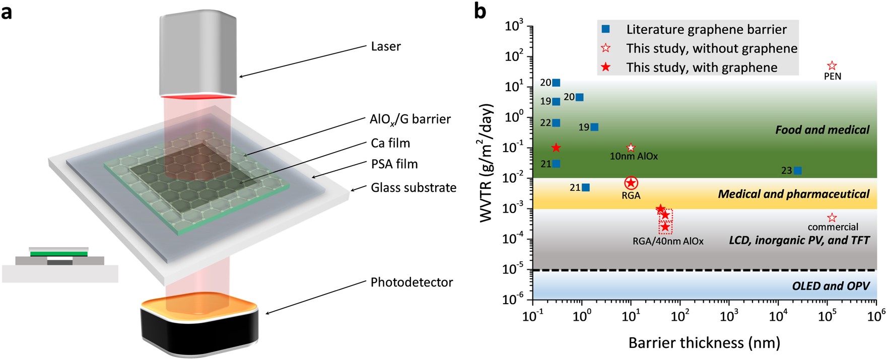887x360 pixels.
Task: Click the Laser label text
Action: pyautogui.click(x=386, y=46)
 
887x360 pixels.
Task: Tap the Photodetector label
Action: pyautogui.click(x=412, y=282)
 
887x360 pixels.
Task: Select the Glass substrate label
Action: pyautogui.click(x=414, y=188)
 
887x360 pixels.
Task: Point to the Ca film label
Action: pyautogui.click(x=390, y=143)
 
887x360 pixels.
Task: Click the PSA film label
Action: pyautogui.click(x=394, y=164)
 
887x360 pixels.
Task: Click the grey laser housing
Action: pyautogui.click(x=198, y=53)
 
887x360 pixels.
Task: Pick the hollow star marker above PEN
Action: pyautogui.click(x=832, y=65)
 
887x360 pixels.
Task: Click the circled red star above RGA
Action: pyautogui.click(x=631, y=183)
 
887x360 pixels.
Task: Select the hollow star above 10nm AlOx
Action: pyautogui.click(x=631, y=148)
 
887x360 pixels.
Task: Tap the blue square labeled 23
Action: pyautogui.click(x=798, y=171)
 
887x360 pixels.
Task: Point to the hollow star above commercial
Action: pyautogui.click(x=832, y=218)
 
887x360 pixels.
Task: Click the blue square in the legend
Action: pyautogui.click(x=606, y=29)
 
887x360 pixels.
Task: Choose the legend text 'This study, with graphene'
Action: pyautogui.click(x=702, y=67)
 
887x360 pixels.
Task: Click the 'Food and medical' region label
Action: pyautogui.click(x=822, y=130)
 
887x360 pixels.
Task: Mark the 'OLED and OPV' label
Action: pyautogui.click(x=831, y=286)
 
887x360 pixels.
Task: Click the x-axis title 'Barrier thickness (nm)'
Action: pyautogui.click(x=704, y=343)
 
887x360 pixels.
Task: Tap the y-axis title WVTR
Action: pyautogui.click(x=486, y=163)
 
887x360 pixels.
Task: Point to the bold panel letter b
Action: pyautogui.click(x=480, y=11)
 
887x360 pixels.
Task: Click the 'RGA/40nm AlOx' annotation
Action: pyautogui.click(x=668, y=241)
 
